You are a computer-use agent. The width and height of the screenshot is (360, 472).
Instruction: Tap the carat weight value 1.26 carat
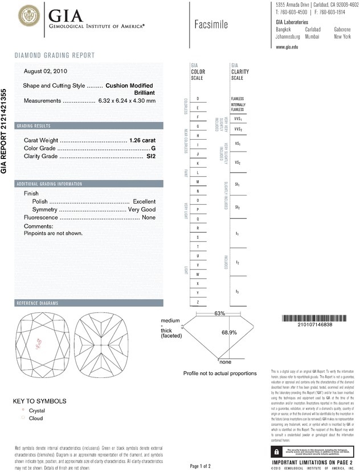point(143,140)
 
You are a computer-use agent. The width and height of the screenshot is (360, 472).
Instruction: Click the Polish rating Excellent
point(144,201)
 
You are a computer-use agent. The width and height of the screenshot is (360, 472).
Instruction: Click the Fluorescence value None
point(149,217)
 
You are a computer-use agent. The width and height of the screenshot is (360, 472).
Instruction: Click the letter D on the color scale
point(198,99)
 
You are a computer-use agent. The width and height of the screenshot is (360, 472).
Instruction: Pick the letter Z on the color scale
point(198,301)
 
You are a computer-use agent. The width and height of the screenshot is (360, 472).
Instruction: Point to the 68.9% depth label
point(229,332)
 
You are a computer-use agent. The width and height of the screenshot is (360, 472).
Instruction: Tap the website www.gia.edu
point(288,47)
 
